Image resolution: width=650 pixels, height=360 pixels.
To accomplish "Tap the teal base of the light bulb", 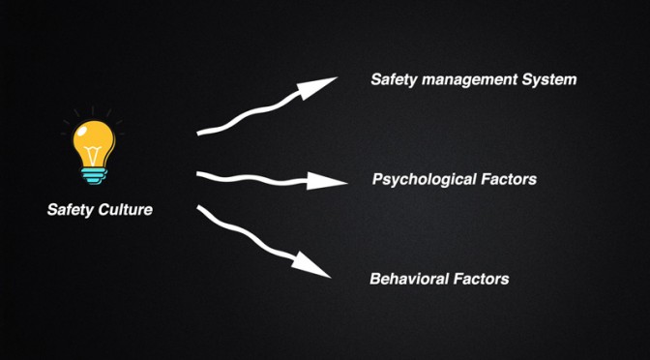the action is [94, 176].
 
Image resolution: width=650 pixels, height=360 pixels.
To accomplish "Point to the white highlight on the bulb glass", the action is [83, 132].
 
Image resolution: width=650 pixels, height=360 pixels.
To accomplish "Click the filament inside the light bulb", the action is [94, 155].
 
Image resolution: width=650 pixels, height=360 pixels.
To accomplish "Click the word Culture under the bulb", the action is [126, 209].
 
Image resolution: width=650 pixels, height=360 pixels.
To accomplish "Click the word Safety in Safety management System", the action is [394, 79].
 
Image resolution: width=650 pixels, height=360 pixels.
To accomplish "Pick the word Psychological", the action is [424, 180].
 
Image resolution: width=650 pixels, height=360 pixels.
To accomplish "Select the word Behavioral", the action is [409, 279].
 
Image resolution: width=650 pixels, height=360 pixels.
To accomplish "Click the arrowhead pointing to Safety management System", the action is [314, 86].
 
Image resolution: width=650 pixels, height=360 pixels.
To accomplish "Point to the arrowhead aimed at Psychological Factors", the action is [325, 181].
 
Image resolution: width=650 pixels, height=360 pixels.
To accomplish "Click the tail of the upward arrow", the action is [198, 134].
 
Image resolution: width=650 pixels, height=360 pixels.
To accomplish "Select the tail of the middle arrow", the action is [198, 174].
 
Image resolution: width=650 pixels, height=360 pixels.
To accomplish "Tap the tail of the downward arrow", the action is [199, 207].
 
